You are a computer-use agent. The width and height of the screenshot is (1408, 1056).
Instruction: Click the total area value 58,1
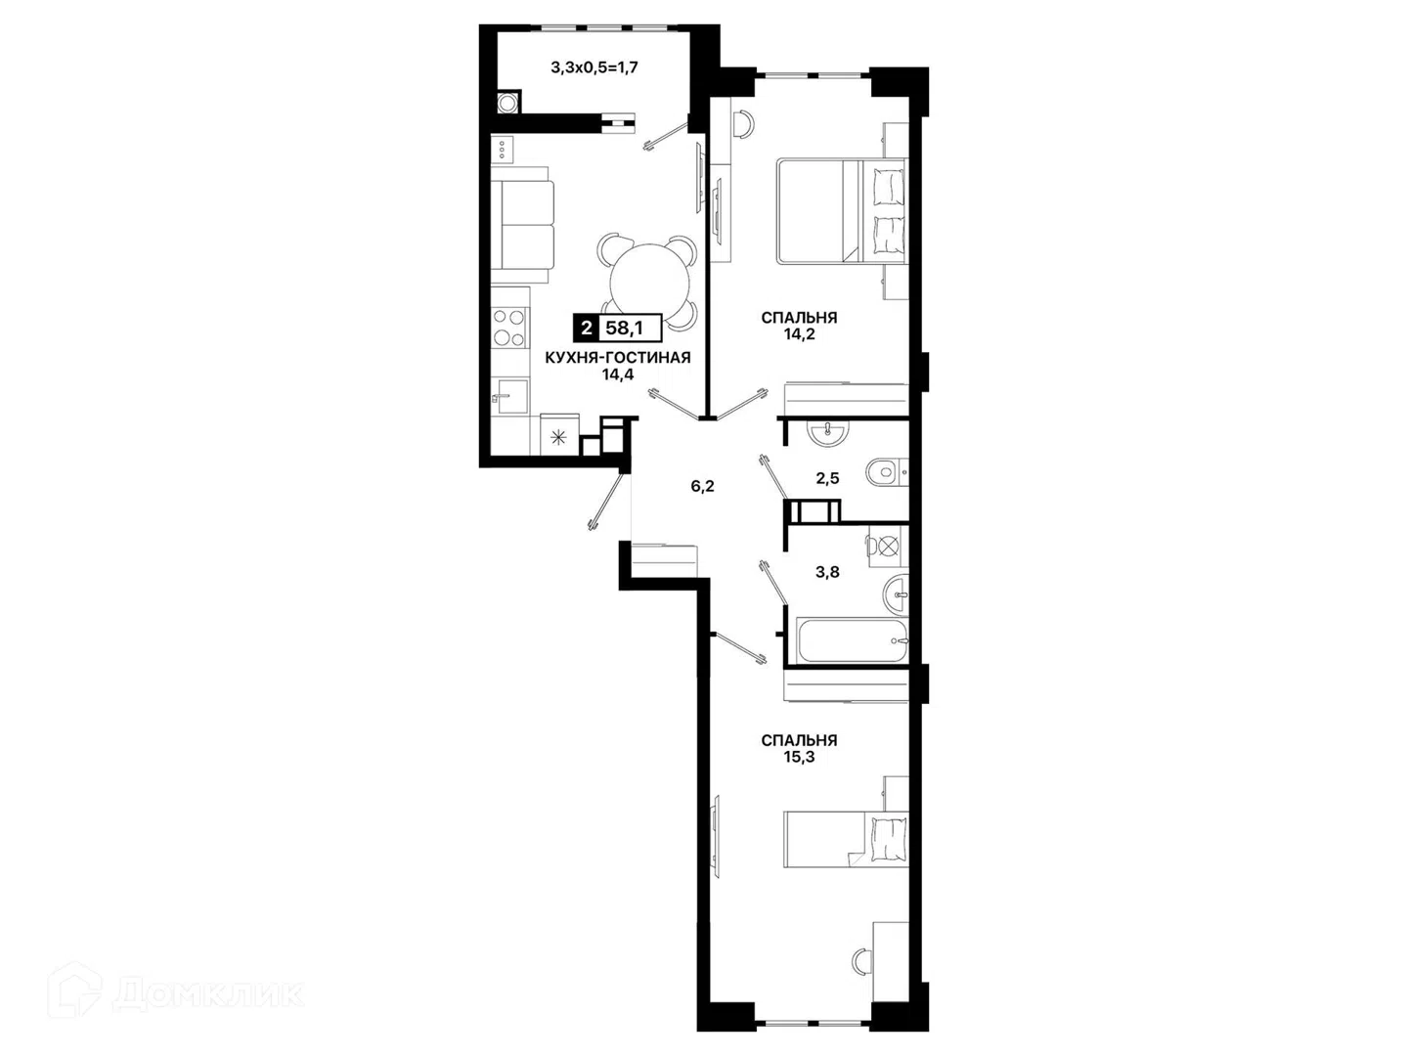coord(624,329)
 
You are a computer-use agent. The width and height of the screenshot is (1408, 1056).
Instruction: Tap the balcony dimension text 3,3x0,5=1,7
coord(594,67)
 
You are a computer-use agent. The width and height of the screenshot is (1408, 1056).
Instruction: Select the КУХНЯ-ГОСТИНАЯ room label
coord(618,358)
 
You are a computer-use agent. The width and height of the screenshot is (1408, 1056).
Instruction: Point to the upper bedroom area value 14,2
coord(799,334)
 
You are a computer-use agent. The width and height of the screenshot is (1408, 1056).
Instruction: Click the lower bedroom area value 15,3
coord(799,757)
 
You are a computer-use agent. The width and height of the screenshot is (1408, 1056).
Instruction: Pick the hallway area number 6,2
coord(702,486)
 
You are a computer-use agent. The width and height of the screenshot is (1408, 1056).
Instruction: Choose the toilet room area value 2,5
coord(827,478)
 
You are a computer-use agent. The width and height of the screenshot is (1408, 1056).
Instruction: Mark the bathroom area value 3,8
coord(827,572)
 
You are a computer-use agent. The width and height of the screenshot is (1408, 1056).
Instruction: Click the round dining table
coord(649,284)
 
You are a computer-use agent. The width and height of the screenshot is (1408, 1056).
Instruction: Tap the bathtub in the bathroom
coord(852,639)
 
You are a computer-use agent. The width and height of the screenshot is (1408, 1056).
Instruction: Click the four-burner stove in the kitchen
coord(509,328)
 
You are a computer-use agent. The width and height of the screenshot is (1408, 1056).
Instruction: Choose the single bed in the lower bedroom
coord(846,840)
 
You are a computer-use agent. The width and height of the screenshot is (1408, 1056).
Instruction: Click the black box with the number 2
coord(586,329)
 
